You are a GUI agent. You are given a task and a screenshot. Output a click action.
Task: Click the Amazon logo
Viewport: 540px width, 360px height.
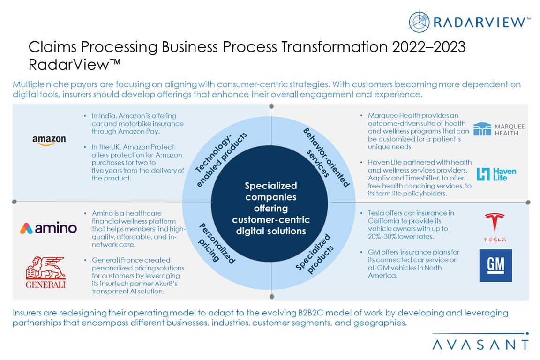pyautogui.click(x=49, y=140)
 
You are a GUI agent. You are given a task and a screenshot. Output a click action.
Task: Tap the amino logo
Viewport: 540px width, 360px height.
pyautogui.click(x=49, y=228)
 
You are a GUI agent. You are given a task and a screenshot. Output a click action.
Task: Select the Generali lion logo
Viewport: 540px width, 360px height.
pyautogui.click(x=46, y=272)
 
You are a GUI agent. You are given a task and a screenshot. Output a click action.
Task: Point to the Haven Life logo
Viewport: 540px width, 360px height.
pyautogui.click(x=496, y=174)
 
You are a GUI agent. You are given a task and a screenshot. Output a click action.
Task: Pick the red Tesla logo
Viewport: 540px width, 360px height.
pyautogui.click(x=495, y=227)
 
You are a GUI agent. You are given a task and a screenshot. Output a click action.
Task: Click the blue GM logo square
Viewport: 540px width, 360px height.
pyautogui.click(x=495, y=266)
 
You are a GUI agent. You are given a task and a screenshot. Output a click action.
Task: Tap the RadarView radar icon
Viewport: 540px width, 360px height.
pyautogui.click(x=419, y=22)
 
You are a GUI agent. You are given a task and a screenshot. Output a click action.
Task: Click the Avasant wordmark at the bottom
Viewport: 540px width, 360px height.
pyautogui.click(x=480, y=345)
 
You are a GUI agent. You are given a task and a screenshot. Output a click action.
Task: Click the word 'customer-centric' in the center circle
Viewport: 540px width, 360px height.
pyautogui.click(x=270, y=220)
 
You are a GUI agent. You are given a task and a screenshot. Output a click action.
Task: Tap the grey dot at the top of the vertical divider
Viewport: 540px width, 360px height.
pyautogui.click(x=271, y=106)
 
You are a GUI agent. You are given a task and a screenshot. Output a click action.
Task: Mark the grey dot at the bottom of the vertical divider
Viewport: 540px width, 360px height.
pyautogui.click(x=272, y=297)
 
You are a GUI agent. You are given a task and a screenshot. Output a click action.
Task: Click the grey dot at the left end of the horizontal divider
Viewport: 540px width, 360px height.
pyautogui.click(x=14, y=202)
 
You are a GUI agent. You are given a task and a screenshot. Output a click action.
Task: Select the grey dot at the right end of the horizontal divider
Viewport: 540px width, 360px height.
pyautogui.click(x=528, y=202)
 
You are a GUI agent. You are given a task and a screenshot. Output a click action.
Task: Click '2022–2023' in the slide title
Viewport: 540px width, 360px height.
pyautogui.click(x=429, y=47)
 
